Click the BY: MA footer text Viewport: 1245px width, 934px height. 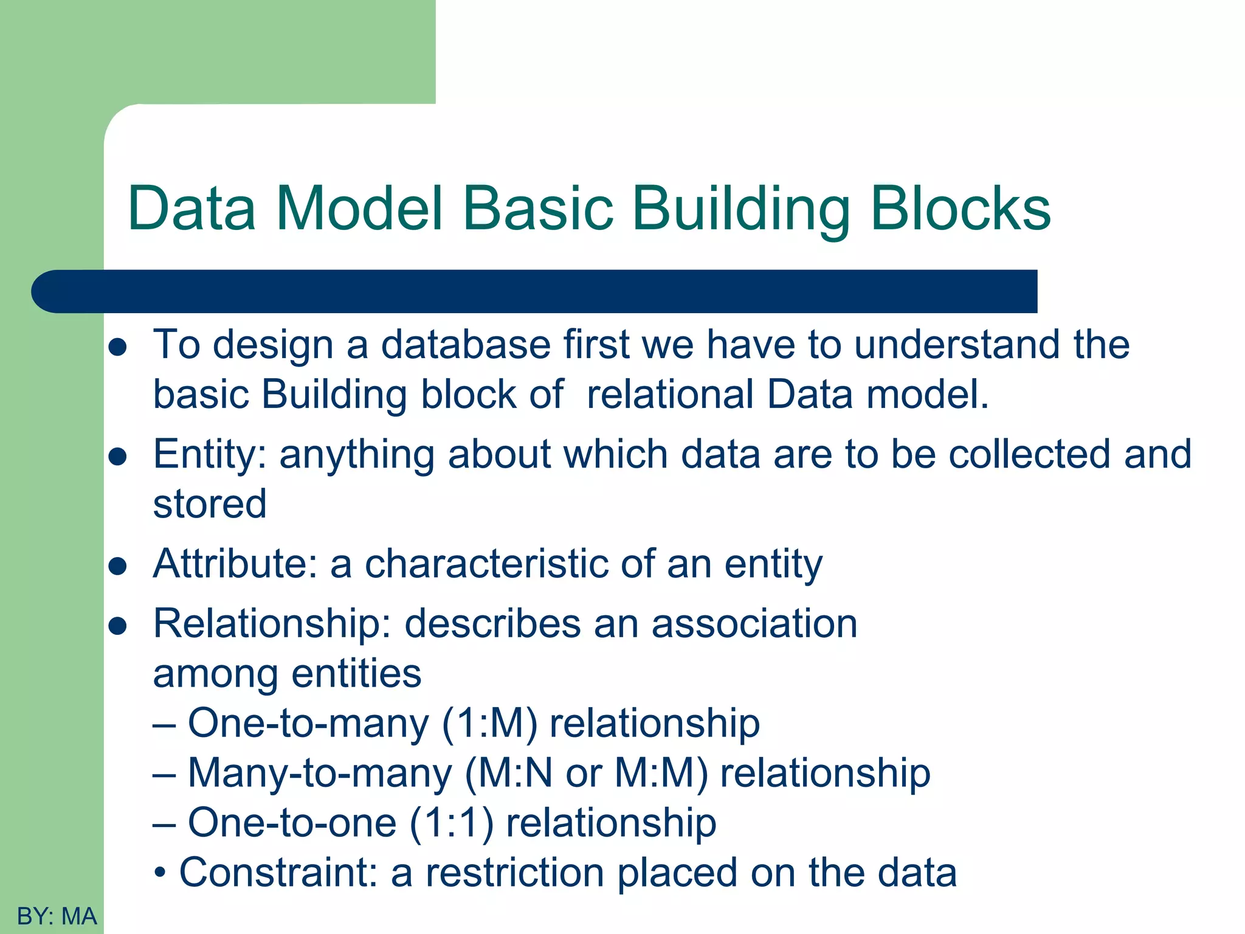pyautogui.click(x=57, y=916)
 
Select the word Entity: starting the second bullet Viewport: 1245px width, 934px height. pyautogui.click(x=210, y=455)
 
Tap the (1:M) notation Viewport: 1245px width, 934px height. pyautogui.click(x=489, y=724)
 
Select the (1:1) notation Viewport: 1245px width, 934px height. pyautogui.click(x=451, y=823)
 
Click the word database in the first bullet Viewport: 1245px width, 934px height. pyautogui.click(x=466, y=345)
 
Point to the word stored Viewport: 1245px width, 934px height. pyautogui.click(x=210, y=504)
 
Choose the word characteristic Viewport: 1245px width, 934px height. pyautogui.click(x=486, y=564)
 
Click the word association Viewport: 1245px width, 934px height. pyautogui.click(x=754, y=624)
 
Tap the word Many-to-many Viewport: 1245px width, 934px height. pyautogui.click(x=320, y=773)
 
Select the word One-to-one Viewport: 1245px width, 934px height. pyautogui.click(x=292, y=823)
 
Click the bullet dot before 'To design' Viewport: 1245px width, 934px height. pyautogui.click(x=117, y=347)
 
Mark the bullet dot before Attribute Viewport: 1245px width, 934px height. pyautogui.click(x=117, y=567)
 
